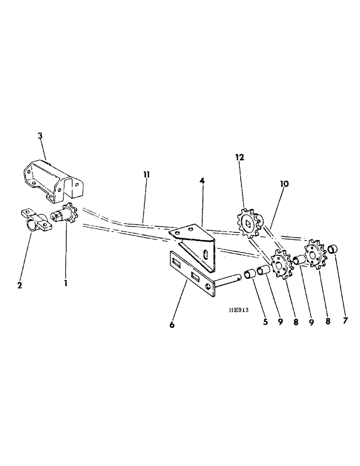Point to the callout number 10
[x=284, y=184]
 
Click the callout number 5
[x=265, y=322]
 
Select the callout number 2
[x=20, y=285]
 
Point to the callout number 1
[x=65, y=282]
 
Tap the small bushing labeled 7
[x=332, y=249]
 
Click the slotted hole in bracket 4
[x=205, y=255]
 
